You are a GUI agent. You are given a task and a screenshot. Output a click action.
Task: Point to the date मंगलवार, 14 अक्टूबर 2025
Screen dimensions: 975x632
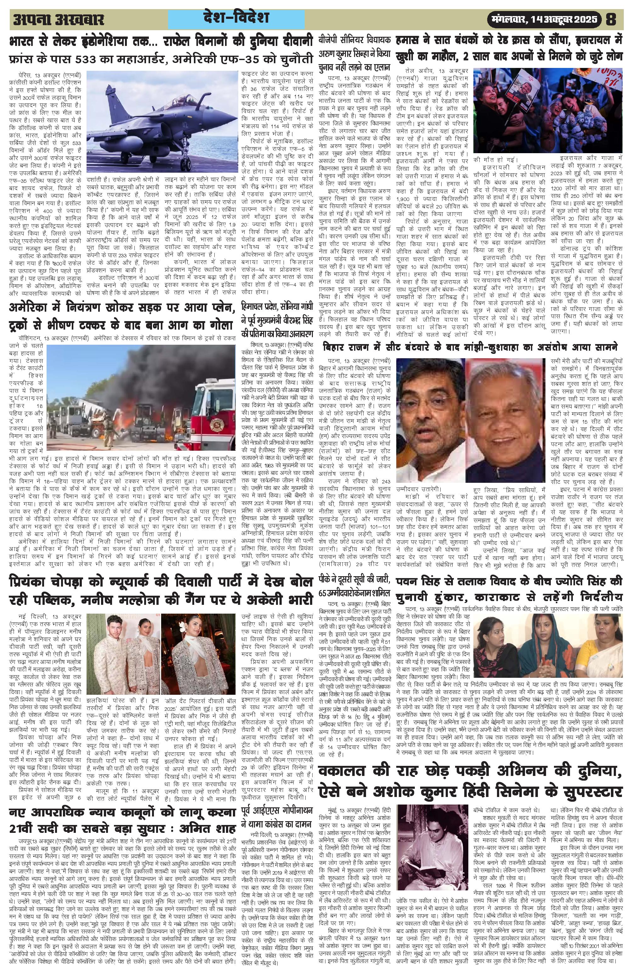click(x=545, y=19)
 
